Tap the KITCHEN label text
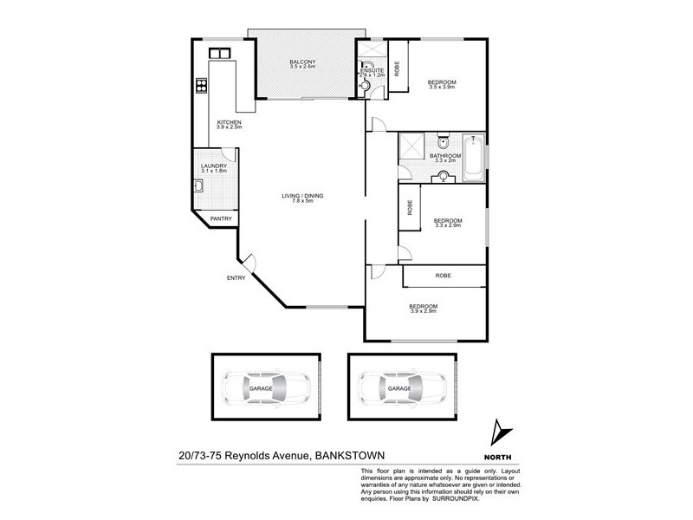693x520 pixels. click(229, 123)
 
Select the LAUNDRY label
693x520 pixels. click(213, 166)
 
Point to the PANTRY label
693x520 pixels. click(221, 219)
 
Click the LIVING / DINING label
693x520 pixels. click(302, 196)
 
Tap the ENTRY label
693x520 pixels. click(236, 277)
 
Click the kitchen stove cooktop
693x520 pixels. click(201, 85)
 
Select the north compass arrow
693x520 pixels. click(496, 432)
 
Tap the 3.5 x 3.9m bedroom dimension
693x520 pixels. click(442, 88)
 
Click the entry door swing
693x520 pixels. click(249, 261)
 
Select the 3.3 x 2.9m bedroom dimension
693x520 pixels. click(446, 225)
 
